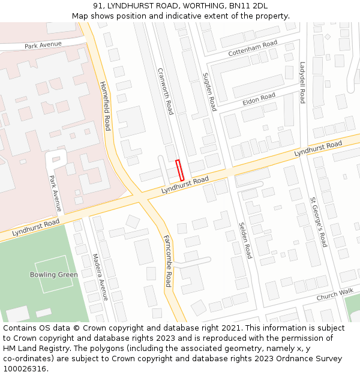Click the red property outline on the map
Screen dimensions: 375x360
pos(179,170)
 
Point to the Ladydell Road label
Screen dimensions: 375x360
pos(303,82)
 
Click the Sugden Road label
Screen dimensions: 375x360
pos(209,92)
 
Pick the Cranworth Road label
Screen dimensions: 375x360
pos(165,91)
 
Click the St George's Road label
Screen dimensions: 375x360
pos(319,221)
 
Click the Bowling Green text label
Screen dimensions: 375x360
pos(54,275)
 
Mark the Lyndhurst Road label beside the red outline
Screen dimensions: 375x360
pos(185,185)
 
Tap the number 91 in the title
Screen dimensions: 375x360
pos(98,5)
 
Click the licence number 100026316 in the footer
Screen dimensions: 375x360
pos(24,369)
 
